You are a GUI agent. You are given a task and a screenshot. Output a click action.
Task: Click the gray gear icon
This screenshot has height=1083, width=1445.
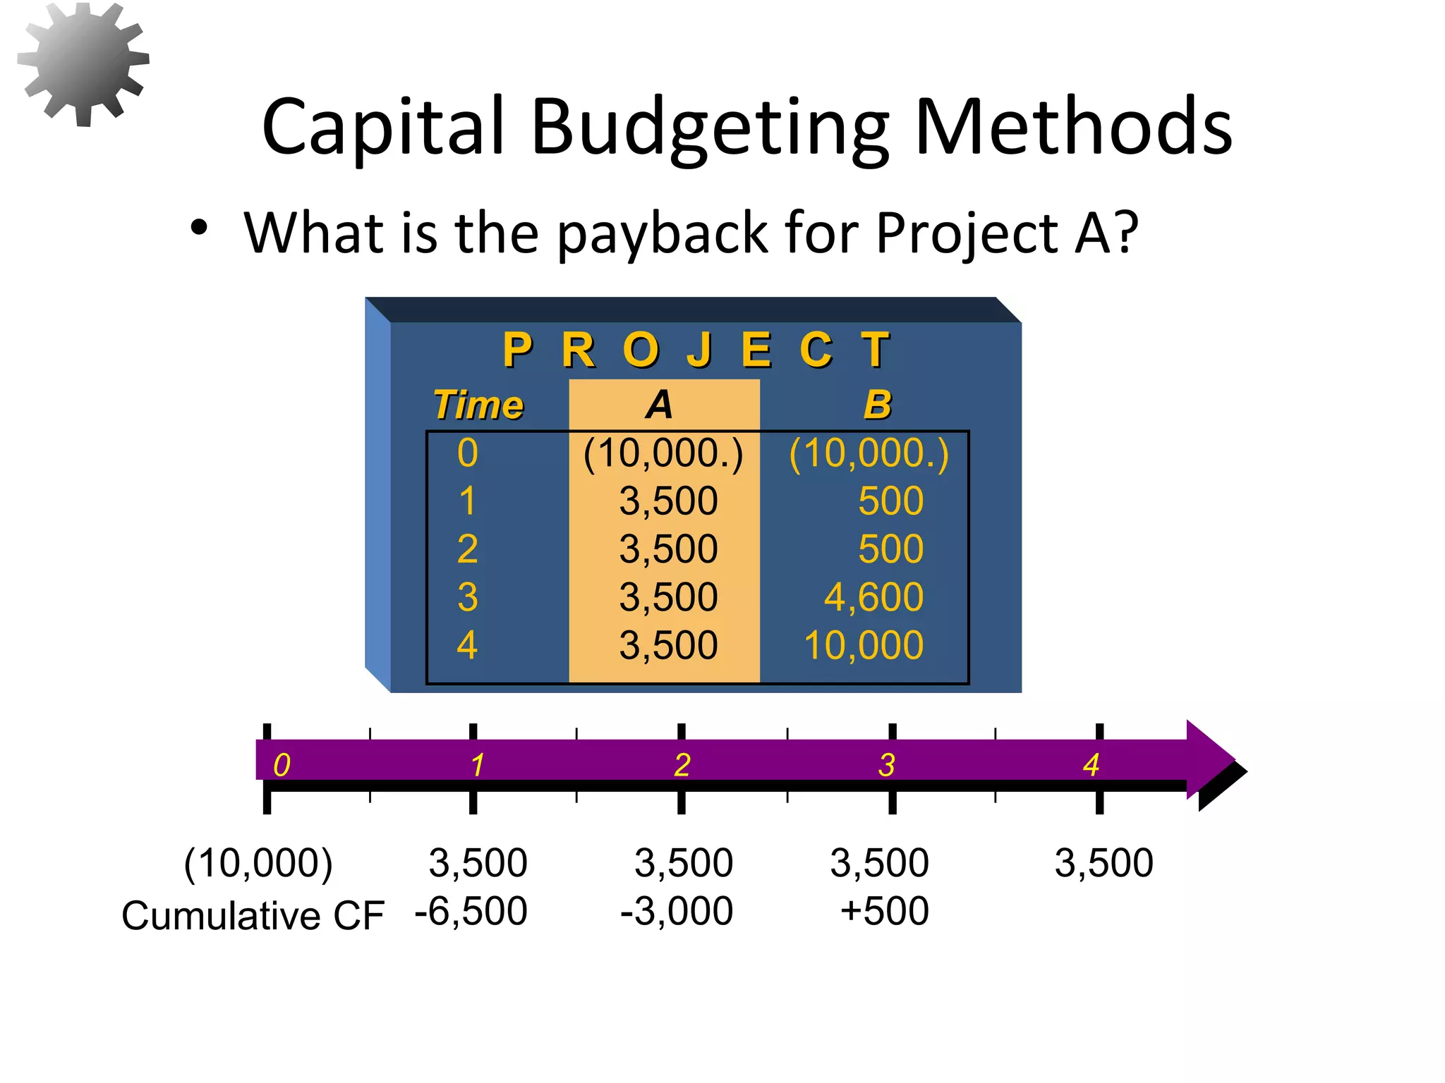(x=83, y=63)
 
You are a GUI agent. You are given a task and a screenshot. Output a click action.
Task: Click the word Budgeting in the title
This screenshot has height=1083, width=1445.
(x=710, y=128)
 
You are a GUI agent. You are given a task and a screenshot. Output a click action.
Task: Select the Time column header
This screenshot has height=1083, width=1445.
(x=478, y=405)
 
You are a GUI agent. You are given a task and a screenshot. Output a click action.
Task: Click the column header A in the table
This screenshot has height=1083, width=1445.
(x=660, y=405)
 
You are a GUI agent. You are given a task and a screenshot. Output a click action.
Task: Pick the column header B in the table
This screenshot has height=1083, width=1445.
(x=878, y=405)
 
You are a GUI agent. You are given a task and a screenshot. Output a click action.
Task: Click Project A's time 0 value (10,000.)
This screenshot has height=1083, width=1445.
(x=663, y=453)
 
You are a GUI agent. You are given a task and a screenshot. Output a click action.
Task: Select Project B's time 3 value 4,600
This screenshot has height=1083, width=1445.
(x=873, y=597)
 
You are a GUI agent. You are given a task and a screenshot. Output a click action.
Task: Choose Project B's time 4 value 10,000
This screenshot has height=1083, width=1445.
(x=864, y=645)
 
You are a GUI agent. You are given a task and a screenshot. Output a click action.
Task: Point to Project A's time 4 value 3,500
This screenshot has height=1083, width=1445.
(x=668, y=645)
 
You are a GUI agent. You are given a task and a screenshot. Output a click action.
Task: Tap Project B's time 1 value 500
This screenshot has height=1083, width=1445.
(x=890, y=501)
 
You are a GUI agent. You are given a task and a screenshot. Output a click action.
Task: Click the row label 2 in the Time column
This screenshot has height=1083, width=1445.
(x=467, y=549)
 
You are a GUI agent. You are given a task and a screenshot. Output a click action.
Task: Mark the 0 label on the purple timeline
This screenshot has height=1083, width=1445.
(x=282, y=765)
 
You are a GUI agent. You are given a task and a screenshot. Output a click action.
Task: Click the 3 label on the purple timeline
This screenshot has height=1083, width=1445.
(x=887, y=765)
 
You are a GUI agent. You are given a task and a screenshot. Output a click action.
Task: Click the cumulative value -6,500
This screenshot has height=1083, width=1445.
(x=471, y=911)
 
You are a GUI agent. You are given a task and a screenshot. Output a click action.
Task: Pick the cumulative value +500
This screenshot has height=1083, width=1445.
(x=884, y=911)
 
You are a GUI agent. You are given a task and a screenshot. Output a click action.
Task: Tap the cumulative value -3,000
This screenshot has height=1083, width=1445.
(x=677, y=911)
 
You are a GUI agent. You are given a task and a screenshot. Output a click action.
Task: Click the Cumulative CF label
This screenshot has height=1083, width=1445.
(x=253, y=916)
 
